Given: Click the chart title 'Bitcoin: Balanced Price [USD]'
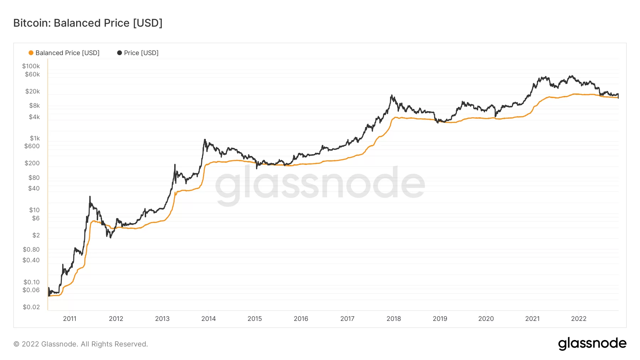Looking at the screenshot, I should click(88, 23).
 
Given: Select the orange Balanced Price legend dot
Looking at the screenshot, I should click(31, 53).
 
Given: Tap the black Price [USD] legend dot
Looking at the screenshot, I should click(119, 53).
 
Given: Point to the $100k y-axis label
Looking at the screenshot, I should click(31, 66).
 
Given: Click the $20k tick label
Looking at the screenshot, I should click(32, 91).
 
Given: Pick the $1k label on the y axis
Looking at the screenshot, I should click(35, 138).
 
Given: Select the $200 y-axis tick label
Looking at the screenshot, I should click(32, 163).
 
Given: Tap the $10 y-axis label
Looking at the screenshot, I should click(34, 210).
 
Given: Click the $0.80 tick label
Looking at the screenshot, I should click(31, 249).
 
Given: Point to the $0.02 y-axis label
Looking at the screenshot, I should click(31, 307).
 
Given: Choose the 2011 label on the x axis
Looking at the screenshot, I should click(70, 319).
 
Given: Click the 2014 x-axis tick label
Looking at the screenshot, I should click(208, 319).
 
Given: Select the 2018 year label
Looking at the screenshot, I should click(394, 319).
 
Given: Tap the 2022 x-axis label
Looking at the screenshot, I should click(578, 319).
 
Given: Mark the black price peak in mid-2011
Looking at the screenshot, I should click(90, 197).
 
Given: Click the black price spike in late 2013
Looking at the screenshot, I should click(205, 140).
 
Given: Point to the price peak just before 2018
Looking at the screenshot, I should click(391, 95).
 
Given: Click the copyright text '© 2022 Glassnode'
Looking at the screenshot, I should click(81, 344).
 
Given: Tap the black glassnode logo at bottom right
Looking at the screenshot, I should click(592, 344).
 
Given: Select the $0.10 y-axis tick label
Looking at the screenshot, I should click(32, 282).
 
